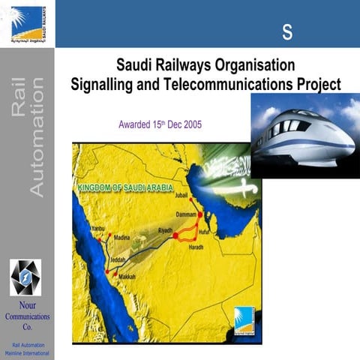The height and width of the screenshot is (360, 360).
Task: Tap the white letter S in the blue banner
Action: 287,31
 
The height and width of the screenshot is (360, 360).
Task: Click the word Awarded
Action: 136,124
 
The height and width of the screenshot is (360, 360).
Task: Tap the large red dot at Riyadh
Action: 176,235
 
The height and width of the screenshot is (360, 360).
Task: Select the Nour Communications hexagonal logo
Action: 26,277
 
